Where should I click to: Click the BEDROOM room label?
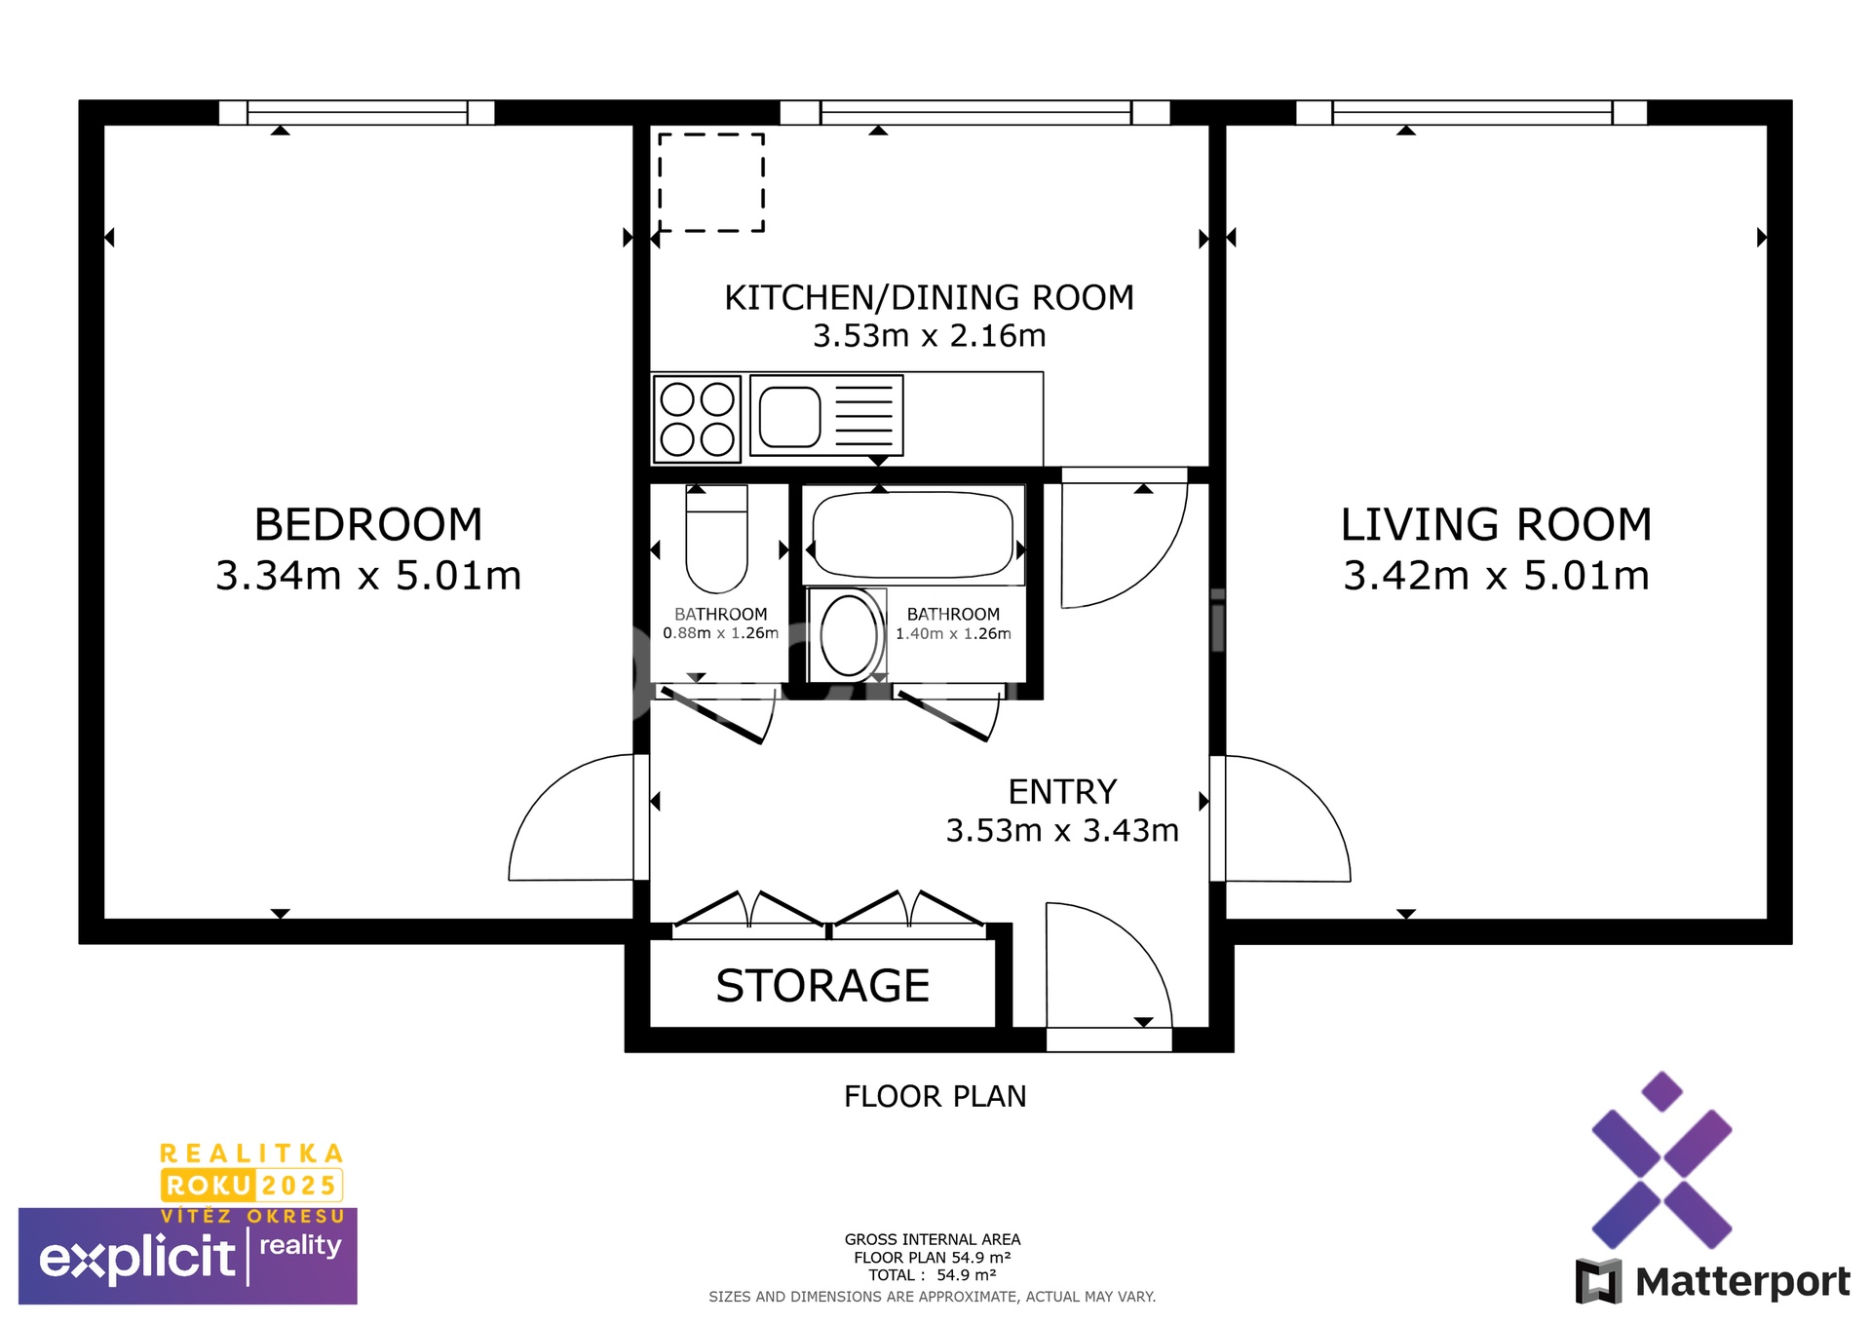pos(368,525)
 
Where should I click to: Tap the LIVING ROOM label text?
pos(1496,525)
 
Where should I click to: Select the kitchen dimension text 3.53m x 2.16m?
pos(929,336)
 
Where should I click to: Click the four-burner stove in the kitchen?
pos(697,419)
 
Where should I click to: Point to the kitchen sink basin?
pos(789,417)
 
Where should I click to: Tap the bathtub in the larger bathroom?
pos(912,535)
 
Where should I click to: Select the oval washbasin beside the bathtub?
pos(848,635)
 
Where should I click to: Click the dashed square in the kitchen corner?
pos(711,182)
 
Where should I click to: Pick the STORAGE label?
pos(822,986)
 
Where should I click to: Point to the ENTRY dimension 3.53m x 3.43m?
pos(1062,831)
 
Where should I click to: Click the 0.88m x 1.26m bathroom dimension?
pos(720,633)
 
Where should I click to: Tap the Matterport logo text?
pos(1741,1281)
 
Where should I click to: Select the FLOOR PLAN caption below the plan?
pos(935,1097)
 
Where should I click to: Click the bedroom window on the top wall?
pos(357,113)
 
